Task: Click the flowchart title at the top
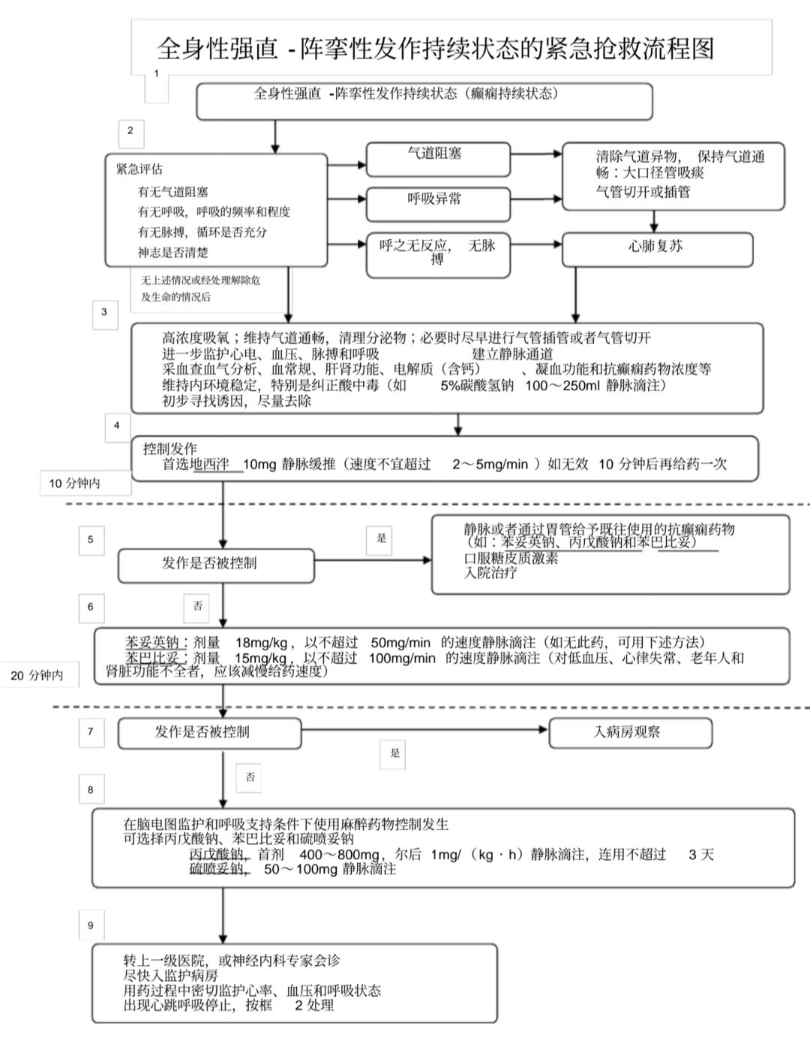[x=435, y=49]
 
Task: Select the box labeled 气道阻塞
[x=437, y=158]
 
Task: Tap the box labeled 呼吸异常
[x=437, y=203]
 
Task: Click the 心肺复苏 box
[x=656, y=249]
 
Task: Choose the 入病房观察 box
[x=629, y=733]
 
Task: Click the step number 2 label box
[x=130, y=131]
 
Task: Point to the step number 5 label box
[x=91, y=539]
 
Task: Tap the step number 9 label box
[x=91, y=925]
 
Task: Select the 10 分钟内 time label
[x=75, y=483]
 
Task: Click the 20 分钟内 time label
[x=37, y=675]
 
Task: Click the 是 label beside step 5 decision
[x=381, y=539]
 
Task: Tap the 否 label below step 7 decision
[x=250, y=777]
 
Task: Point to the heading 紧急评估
[x=139, y=169]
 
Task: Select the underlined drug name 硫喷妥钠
[x=216, y=869]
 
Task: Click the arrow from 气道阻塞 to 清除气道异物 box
[x=536, y=154]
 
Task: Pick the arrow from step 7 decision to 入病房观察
[x=424, y=729]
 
